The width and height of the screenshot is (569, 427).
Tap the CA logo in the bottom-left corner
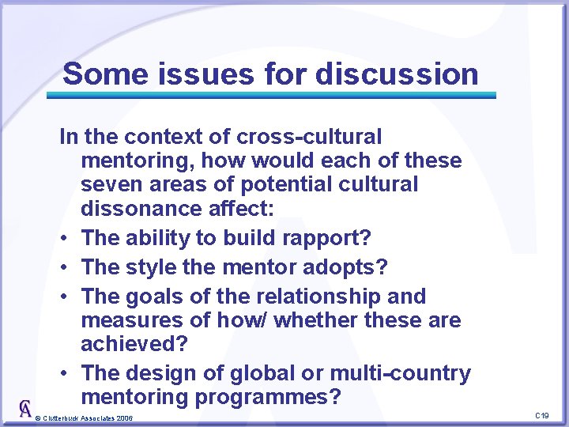(26, 408)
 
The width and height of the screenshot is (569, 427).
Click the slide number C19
(541, 415)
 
